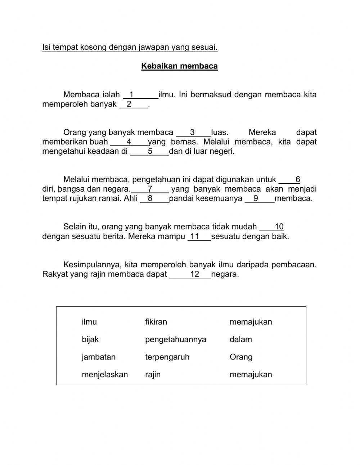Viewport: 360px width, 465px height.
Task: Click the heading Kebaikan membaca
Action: coord(179,66)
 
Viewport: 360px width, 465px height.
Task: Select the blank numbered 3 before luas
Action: coord(193,132)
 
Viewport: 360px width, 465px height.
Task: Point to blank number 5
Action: coord(149,151)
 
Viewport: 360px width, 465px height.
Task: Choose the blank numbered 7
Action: coord(150,189)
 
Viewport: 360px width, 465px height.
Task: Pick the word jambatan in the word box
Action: coord(98,357)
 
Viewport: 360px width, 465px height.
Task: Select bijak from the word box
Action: coord(90,339)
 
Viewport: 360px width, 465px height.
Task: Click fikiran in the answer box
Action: coord(156,322)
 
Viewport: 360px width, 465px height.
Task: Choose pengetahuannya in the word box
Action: coord(175,339)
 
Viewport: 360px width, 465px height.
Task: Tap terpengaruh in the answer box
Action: coord(167,357)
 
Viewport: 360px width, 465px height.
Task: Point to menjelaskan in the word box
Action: coord(104,375)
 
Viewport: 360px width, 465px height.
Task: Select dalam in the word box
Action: coord(240,339)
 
